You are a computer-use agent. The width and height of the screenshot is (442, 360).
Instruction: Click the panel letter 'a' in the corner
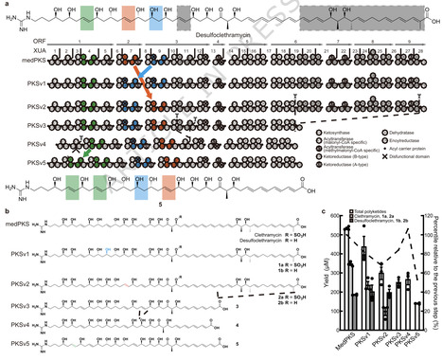pos(4,4)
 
